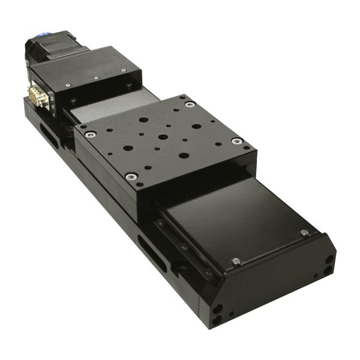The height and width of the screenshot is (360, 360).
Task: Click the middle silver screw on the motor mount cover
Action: [96, 78]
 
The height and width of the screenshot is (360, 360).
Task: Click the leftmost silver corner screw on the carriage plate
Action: [89, 135]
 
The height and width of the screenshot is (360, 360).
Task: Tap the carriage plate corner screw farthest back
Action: [190, 104]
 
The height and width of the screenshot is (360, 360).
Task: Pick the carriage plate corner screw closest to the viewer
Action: [131, 176]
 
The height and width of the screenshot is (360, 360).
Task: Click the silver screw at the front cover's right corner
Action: [304, 233]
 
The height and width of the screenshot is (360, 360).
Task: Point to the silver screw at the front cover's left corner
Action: [236, 261]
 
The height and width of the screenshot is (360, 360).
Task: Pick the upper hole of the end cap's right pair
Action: [329, 259]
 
